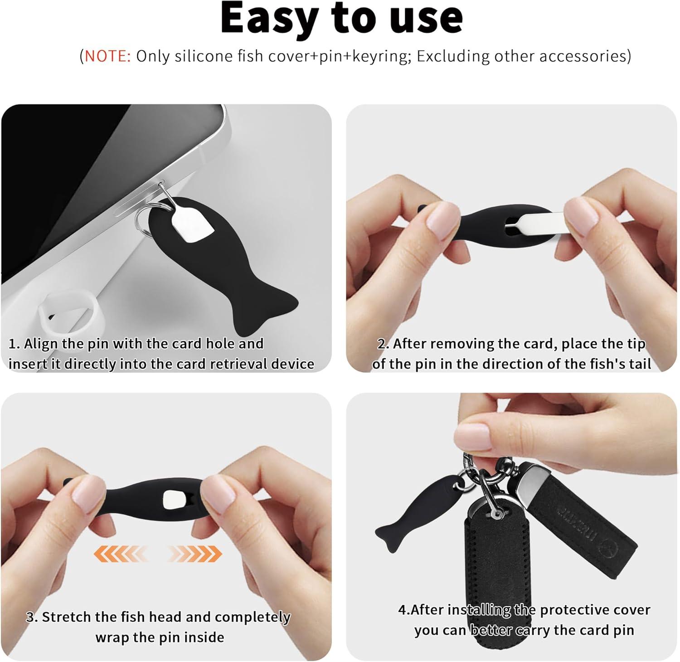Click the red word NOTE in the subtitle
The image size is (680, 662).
107,56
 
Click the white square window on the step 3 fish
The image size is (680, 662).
174,499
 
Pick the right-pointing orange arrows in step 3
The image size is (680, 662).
194,553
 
